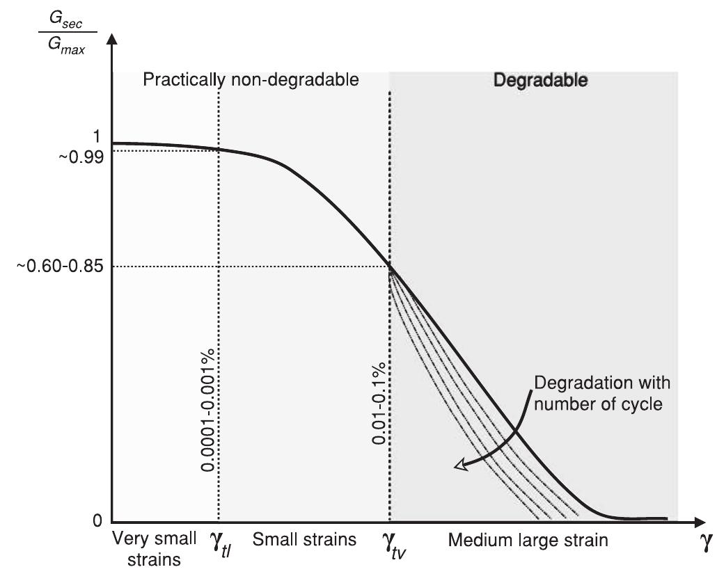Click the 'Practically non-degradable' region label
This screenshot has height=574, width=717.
[x=251, y=80]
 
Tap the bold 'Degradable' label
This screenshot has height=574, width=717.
[x=540, y=80]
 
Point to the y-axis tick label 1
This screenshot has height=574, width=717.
[x=99, y=135]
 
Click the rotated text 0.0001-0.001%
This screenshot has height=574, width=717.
[x=207, y=415]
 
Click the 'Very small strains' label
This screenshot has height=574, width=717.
[x=147, y=548]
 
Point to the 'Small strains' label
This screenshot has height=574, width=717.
[x=304, y=539]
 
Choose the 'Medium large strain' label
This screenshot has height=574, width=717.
[x=528, y=539]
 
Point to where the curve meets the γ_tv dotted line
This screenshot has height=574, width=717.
[x=389, y=266]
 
